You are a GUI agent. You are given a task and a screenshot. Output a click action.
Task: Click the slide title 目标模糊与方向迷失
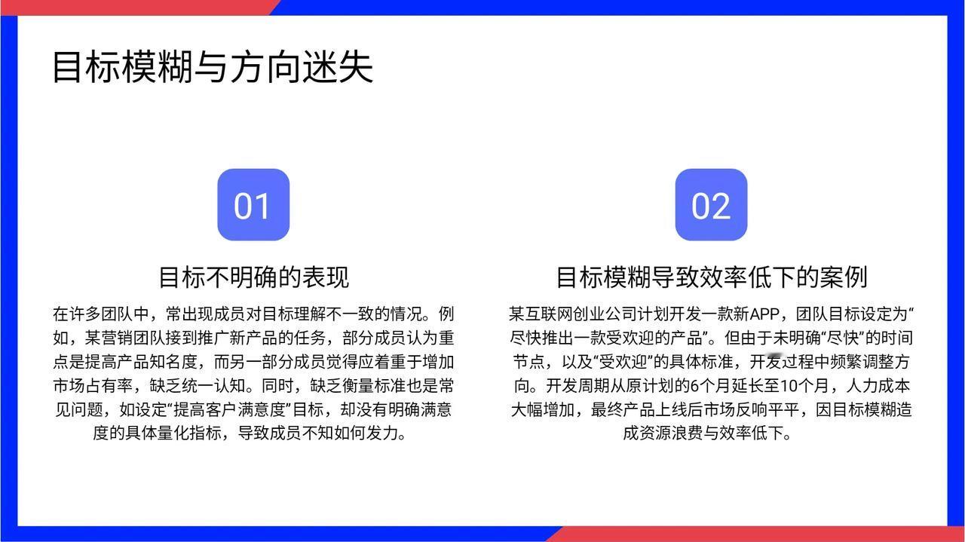tap(213, 67)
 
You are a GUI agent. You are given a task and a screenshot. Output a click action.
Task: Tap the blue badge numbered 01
tap(253, 204)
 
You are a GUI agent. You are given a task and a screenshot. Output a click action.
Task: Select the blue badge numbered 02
tap(711, 204)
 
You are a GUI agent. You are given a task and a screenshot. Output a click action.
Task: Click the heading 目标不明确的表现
tap(254, 277)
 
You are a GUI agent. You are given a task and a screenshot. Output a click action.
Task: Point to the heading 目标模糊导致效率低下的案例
tap(712, 277)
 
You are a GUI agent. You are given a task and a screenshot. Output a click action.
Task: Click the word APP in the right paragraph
tap(764, 314)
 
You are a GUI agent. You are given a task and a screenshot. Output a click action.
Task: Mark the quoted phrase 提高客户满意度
tap(229, 409)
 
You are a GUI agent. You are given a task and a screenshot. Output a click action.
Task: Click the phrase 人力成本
tap(878, 386)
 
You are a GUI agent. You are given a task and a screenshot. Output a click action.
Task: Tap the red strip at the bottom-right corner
tap(758, 534)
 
